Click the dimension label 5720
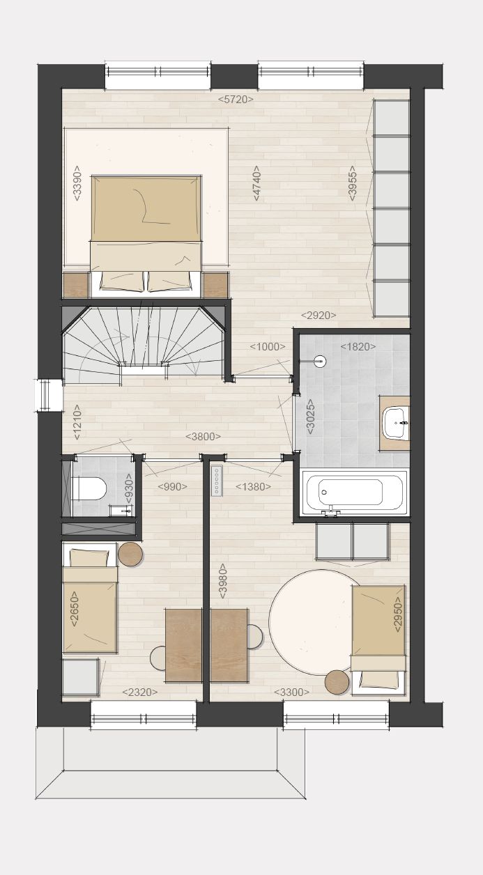[x=236, y=100]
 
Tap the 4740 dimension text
[x=256, y=183]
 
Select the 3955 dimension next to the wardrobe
[x=353, y=183]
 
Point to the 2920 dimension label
[x=319, y=315]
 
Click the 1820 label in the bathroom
[x=358, y=346]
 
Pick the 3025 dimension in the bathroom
[x=310, y=417]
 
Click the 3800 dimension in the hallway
[x=204, y=436]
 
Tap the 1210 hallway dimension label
[x=77, y=422]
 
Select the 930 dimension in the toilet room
[x=128, y=488]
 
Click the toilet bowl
[x=89, y=488]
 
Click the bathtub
[x=355, y=492]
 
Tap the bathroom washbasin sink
[x=397, y=423]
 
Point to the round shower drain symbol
[x=321, y=362]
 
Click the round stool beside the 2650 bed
[x=130, y=555]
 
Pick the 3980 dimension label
[x=223, y=581]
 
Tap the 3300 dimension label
[x=291, y=692]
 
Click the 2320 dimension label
[x=140, y=692]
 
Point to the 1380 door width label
[x=253, y=487]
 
